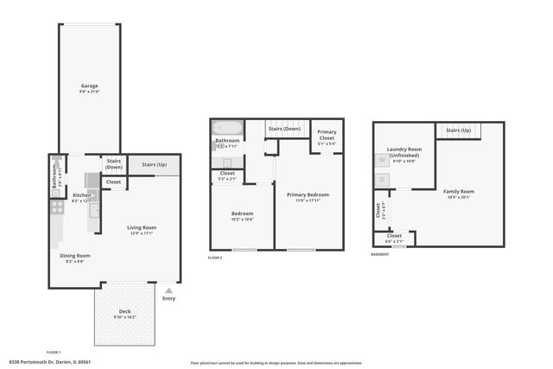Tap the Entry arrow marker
(168, 293)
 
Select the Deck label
(125, 313)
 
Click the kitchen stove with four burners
(56, 207)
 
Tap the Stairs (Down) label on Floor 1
(114, 163)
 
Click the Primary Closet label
(327, 135)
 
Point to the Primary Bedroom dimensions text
(308, 201)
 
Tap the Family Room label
(466, 192)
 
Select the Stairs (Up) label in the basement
(459, 130)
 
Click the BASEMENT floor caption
(380, 255)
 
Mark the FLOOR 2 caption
(215, 258)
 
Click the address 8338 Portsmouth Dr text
(49, 362)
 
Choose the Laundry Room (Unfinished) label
(404, 152)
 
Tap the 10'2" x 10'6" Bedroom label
(241, 219)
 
